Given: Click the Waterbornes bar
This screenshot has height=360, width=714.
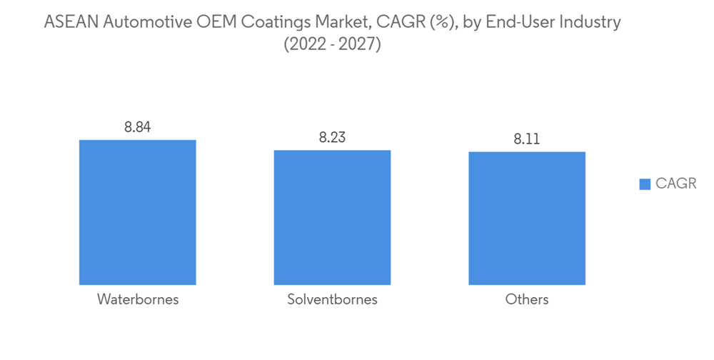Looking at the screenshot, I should point(137,212).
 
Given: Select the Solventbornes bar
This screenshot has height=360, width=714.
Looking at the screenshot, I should point(332,217).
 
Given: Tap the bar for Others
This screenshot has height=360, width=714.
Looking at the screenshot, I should point(527,218).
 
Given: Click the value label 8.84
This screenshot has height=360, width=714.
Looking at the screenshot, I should point(138,128).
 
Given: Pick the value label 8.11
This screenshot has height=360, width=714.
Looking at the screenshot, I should point(527,140).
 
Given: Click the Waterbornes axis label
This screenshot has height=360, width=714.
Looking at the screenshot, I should point(138,300).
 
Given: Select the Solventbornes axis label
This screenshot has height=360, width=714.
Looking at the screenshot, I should point(332,300).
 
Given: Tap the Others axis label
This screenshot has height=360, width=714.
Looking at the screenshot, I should point(527,300).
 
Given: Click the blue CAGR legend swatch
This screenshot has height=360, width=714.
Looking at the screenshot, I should point(645,184).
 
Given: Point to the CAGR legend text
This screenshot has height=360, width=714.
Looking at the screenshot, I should point(675,184).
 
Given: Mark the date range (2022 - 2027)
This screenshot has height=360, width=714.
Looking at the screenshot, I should point(332,44).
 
